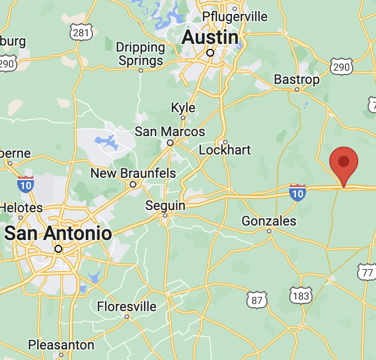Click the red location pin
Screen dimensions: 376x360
click(344, 163)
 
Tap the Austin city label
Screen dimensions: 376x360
click(210, 38)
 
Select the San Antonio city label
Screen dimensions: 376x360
click(58, 233)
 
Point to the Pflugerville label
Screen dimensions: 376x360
click(235, 16)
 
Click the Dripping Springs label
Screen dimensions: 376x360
click(141, 54)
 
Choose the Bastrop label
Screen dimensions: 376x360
click(296, 79)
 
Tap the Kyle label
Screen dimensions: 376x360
click(183, 107)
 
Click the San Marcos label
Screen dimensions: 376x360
click(170, 132)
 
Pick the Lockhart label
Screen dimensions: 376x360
click(225, 150)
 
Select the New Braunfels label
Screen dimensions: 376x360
click(133, 173)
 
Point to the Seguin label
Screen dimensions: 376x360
click(165, 206)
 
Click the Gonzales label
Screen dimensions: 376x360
click(269, 221)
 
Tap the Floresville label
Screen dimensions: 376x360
click(126, 306)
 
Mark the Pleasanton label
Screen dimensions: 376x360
click(61, 345)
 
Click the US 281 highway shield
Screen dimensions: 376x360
click(81, 32)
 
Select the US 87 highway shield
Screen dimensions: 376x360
click(257, 299)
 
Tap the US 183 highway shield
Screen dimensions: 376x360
click(300, 296)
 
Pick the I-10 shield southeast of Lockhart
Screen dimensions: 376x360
click(298, 192)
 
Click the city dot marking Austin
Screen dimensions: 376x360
click(210, 53)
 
